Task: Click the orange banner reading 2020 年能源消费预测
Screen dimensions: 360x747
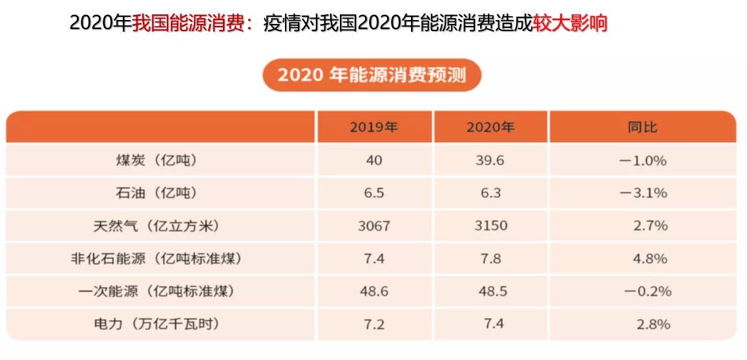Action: [372, 75]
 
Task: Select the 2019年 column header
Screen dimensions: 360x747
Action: [373, 127]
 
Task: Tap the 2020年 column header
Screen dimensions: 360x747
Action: [490, 127]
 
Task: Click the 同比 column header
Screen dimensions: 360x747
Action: [642, 127]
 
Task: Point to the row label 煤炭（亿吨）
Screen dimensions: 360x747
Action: [154, 160]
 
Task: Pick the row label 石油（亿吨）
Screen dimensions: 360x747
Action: [154, 193]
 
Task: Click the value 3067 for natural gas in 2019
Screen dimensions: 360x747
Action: [373, 226]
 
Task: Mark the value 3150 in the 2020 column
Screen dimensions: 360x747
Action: [490, 226]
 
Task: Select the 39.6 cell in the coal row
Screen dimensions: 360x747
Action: [490, 160]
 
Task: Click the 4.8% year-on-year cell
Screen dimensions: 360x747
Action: [651, 259]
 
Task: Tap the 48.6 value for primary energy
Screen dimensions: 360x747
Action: [373, 291]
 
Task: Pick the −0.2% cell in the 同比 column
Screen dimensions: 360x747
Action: [647, 291]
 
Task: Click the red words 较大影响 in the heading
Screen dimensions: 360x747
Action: [570, 23]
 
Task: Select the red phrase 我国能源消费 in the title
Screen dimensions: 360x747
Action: [191, 23]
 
